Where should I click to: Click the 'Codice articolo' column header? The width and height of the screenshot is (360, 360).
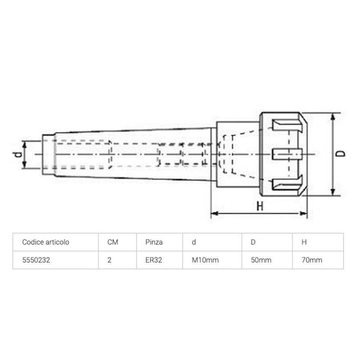click(45, 242)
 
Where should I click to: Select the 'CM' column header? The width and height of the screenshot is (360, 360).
click(113, 242)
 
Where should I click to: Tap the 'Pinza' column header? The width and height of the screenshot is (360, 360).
click(154, 242)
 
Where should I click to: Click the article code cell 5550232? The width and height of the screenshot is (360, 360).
click(36, 260)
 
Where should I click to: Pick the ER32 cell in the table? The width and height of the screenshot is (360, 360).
click(154, 260)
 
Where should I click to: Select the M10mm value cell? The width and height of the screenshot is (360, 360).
click(206, 260)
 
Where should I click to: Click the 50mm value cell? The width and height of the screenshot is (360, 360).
click(261, 260)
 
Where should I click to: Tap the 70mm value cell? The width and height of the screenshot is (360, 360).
click(312, 260)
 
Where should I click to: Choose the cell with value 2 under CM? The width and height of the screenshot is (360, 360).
click(109, 260)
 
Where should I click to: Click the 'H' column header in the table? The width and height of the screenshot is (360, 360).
click(304, 242)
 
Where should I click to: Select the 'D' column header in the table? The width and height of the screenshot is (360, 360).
click(253, 242)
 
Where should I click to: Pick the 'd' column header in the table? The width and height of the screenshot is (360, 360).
click(194, 242)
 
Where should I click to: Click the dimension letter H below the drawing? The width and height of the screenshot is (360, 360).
click(260, 206)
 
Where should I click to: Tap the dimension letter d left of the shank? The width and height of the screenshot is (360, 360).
click(17, 155)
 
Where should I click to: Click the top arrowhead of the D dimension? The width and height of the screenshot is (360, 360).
click(333, 116)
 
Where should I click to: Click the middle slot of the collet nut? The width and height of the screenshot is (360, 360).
click(286, 154)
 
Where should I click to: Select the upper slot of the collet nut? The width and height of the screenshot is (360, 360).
click(286, 126)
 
